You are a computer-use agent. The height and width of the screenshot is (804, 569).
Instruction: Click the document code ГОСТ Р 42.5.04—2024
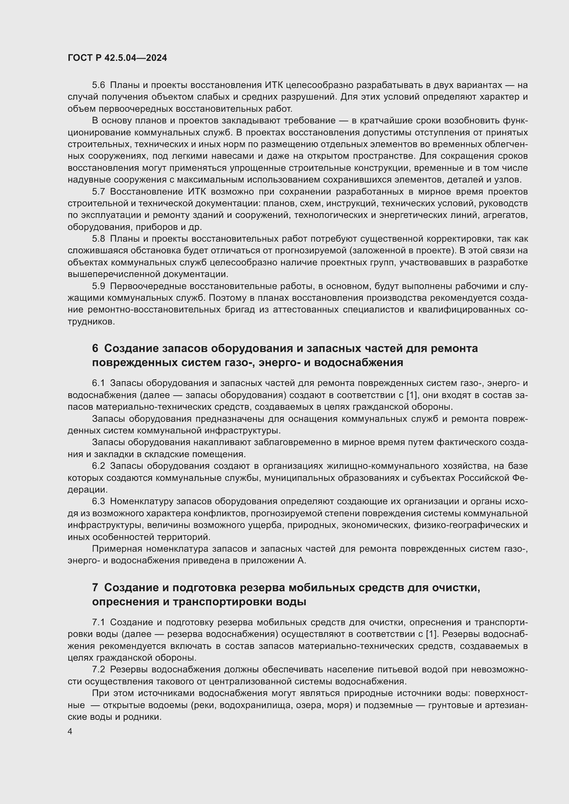117,58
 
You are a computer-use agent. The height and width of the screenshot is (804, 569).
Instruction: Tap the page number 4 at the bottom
70,731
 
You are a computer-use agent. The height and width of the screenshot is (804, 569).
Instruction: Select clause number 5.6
98,85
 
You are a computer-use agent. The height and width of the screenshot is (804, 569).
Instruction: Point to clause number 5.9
98,286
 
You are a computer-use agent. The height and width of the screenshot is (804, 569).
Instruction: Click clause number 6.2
98,466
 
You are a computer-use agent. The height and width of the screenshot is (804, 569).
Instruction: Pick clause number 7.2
98,669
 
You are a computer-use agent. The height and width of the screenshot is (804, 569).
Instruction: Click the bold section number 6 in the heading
95,349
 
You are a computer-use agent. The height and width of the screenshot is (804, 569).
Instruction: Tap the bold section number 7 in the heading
95,587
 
